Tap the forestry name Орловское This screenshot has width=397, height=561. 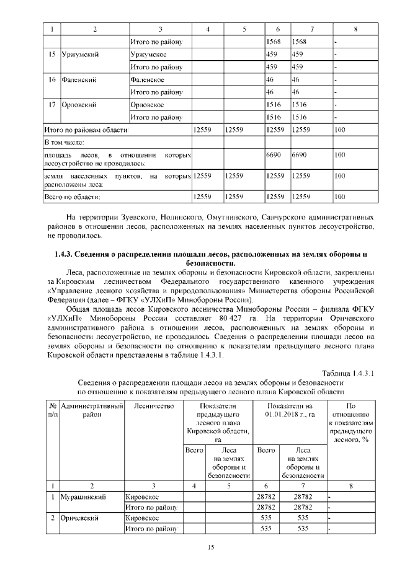pos(147,105)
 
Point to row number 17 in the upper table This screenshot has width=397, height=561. pos(52,105)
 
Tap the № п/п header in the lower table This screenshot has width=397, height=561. pos(50,410)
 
